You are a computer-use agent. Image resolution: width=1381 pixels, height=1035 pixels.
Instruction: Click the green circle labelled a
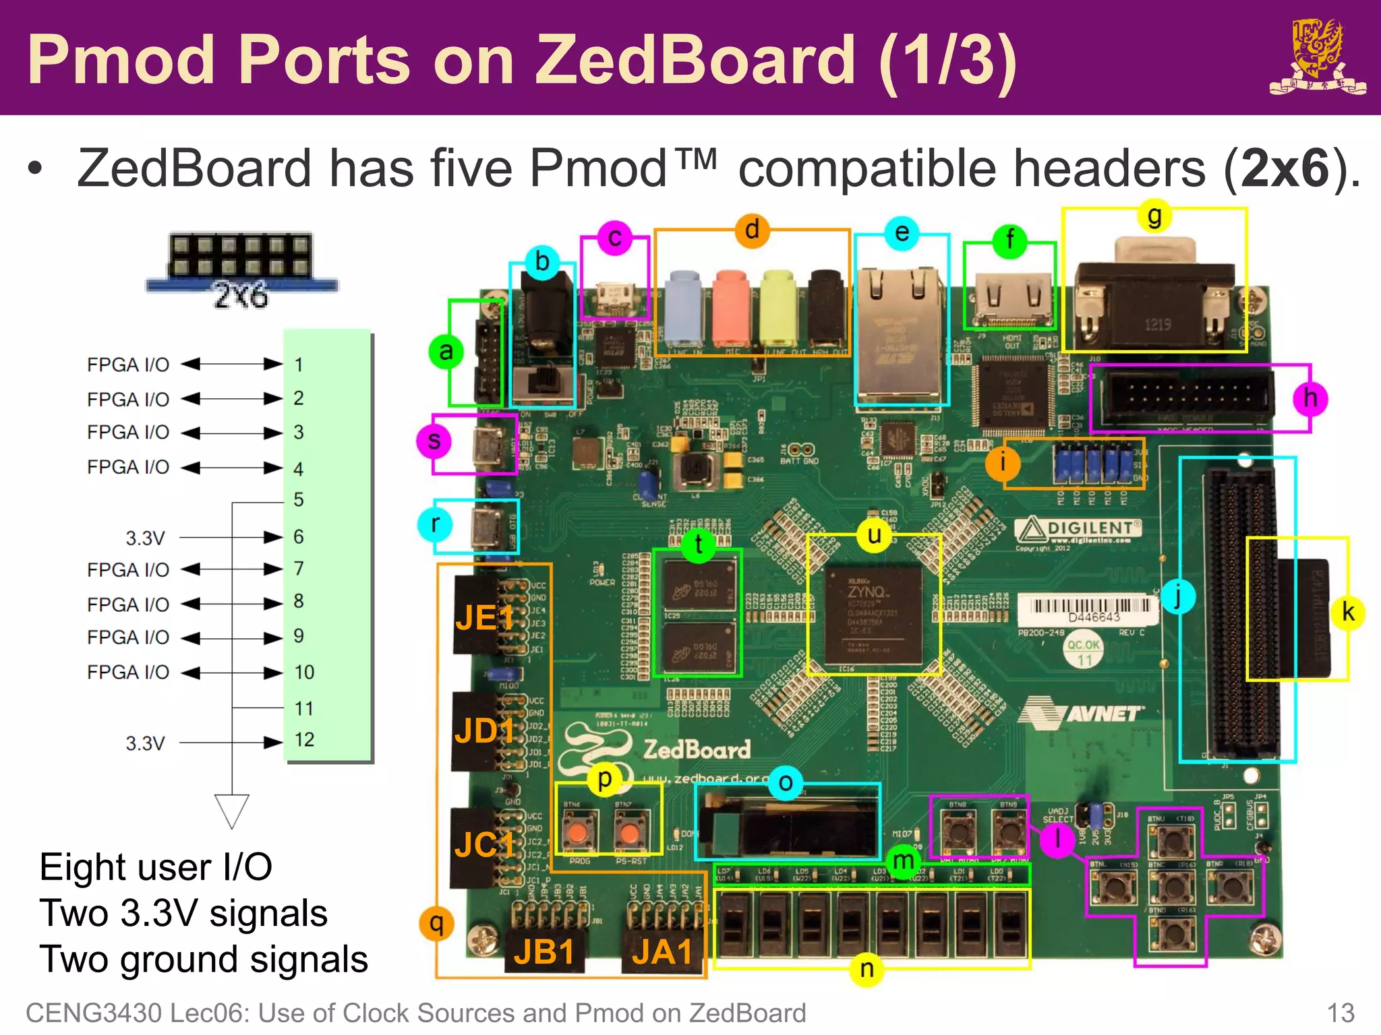pyautogui.click(x=446, y=351)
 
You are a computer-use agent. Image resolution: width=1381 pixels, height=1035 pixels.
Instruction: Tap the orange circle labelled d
pyautogui.click(x=752, y=230)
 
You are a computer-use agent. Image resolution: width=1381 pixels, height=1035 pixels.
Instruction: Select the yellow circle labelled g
pyautogui.click(x=1154, y=217)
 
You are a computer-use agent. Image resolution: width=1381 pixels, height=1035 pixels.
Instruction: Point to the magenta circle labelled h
pyautogui.click(x=1310, y=398)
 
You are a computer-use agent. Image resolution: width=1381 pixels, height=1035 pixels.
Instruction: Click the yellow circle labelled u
pyautogui.click(x=874, y=536)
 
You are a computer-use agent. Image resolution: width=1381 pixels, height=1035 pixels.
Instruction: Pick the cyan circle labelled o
pyautogui.click(x=785, y=783)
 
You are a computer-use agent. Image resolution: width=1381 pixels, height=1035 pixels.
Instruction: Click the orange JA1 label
pyautogui.click(x=662, y=952)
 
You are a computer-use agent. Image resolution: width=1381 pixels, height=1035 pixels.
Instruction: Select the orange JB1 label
pyautogui.click(x=544, y=952)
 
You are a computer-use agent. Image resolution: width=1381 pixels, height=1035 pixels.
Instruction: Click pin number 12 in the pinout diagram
pyautogui.click(x=304, y=740)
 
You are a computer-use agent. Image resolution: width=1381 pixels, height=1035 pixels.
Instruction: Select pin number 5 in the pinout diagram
pyautogui.click(x=299, y=499)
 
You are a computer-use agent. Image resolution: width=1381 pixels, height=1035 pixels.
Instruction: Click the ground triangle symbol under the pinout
pyautogui.click(x=232, y=811)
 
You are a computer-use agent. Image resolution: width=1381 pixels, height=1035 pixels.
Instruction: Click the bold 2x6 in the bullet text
pyautogui.click(x=1284, y=168)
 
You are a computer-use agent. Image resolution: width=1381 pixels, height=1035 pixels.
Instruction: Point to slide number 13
pyautogui.click(x=1340, y=1013)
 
